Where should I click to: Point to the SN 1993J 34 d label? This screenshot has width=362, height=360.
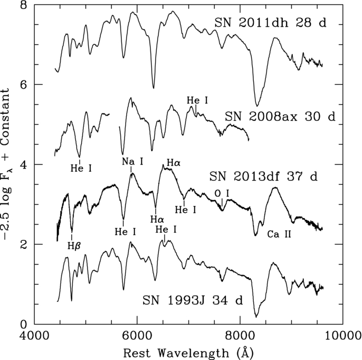click(193, 301)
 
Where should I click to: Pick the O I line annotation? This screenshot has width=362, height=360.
click(222, 194)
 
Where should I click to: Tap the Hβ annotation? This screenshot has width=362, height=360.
click(73, 245)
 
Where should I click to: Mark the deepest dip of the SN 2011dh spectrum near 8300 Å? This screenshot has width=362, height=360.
click(257, 105)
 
